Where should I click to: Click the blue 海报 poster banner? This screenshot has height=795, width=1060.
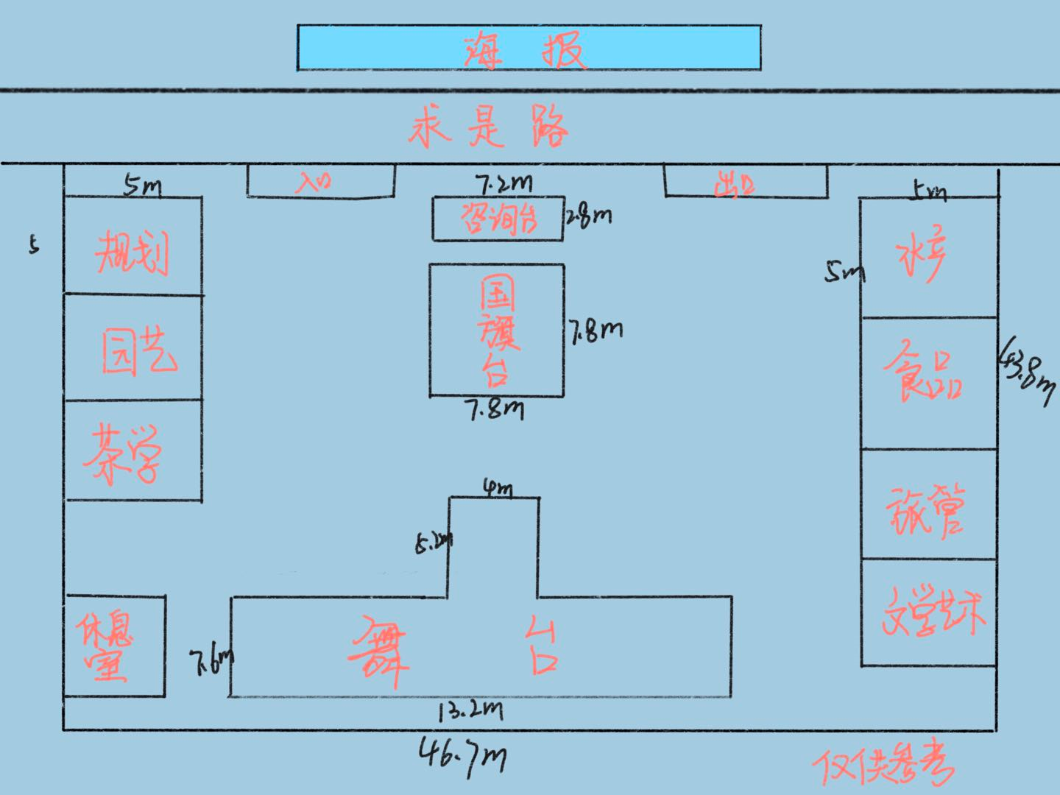coord(529,48)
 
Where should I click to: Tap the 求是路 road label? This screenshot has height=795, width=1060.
coord(488,128)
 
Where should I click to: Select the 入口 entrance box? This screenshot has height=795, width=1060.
coord(320,181)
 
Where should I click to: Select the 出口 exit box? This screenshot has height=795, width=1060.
coord(745,182)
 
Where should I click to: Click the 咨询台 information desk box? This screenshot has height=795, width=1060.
coord(498,219)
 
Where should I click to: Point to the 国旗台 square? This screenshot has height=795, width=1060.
coord(497,330)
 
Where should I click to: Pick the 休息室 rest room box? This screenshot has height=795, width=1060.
coord(114,646)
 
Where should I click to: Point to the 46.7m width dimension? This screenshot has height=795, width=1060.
coord(463,755)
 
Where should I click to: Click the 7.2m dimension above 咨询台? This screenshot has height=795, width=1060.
coord(503,183)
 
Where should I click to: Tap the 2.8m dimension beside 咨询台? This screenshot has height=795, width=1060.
coord(589,216)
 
